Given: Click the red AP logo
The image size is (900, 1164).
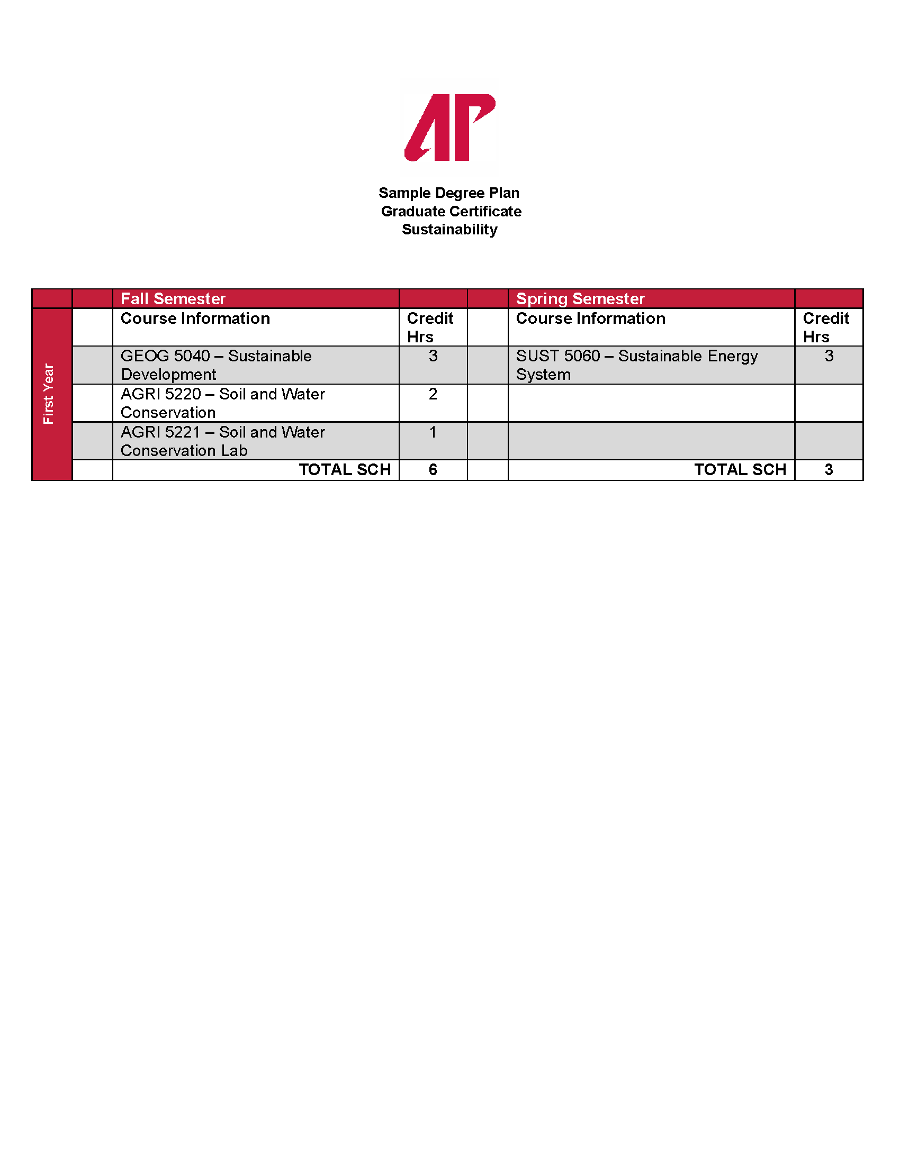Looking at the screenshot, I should (x=449, y=128).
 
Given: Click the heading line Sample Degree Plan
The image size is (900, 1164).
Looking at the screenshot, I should (x=449, y=193).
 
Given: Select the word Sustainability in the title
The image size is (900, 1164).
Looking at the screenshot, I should (x=449, y=230).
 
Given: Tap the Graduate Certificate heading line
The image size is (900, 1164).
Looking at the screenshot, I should (x=451, y=212).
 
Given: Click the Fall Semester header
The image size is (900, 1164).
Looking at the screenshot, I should (x=173, y=298).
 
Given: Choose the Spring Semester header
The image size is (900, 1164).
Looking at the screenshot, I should (x=580, y=298).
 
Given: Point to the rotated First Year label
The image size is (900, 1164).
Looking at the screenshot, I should (x=49, y=394).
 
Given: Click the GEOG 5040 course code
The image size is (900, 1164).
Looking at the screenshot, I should (x=165, y=356).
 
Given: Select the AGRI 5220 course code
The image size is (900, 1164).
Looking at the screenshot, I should (x=160, y=394).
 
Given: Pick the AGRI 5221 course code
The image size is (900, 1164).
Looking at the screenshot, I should (x=160, y=432).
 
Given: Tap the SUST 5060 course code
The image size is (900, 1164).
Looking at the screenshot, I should (x=557, y=356).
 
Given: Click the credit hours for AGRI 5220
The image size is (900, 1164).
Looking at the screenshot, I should (x=433, y=394).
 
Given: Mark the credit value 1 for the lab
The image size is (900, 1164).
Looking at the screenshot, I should (x=433, y=432).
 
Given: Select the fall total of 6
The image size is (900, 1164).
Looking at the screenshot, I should (x=433, y=469).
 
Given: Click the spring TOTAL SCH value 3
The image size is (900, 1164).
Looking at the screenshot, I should (x=829, y=469).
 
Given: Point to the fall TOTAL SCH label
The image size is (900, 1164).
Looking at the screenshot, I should (x=345, y=469).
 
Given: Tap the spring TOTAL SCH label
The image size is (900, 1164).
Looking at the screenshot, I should (x=740, y=469).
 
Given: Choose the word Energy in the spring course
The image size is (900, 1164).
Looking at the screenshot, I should (x=732, y=357).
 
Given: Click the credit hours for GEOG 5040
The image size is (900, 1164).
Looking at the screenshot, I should (x=433, y=356).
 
